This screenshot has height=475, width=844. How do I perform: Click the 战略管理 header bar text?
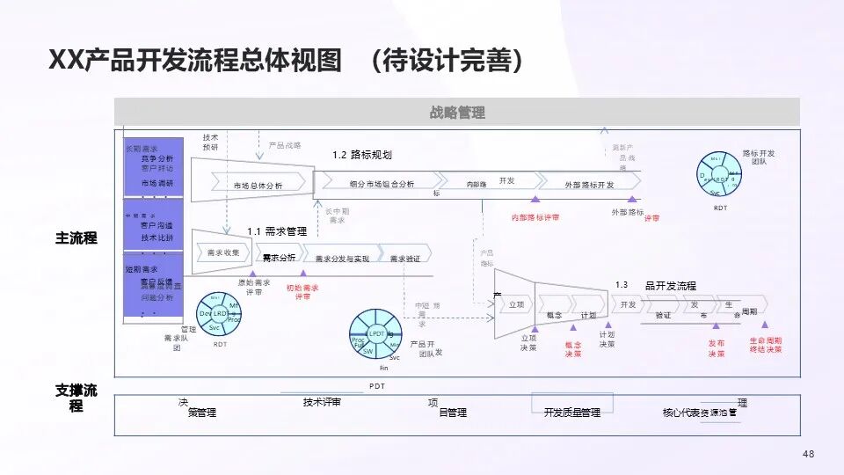tap(457, 113)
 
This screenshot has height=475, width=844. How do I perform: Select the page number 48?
tap(809, 454)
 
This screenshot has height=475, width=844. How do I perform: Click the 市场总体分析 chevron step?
tap(258, 185)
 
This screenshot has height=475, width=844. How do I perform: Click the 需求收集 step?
tap(223, 252)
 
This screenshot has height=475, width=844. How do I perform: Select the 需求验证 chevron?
tap(405, 258)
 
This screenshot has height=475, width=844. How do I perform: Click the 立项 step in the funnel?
tap(516, 304)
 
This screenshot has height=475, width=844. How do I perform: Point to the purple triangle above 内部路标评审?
tap(535, 200)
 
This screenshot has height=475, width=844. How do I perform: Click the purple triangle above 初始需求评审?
tap(303, 274)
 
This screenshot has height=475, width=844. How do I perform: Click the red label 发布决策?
tap(717, 348)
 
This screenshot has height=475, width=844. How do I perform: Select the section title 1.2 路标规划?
tap(361, 155)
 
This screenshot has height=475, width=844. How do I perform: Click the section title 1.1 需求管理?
tap(277, 231)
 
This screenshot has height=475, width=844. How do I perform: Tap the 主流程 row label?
tap(76, 238)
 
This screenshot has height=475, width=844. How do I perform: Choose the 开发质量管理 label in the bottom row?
tap(571, 412)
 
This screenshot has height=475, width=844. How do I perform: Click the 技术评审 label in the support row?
tap(322, 402)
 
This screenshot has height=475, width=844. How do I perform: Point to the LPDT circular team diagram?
tap(376, 334)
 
